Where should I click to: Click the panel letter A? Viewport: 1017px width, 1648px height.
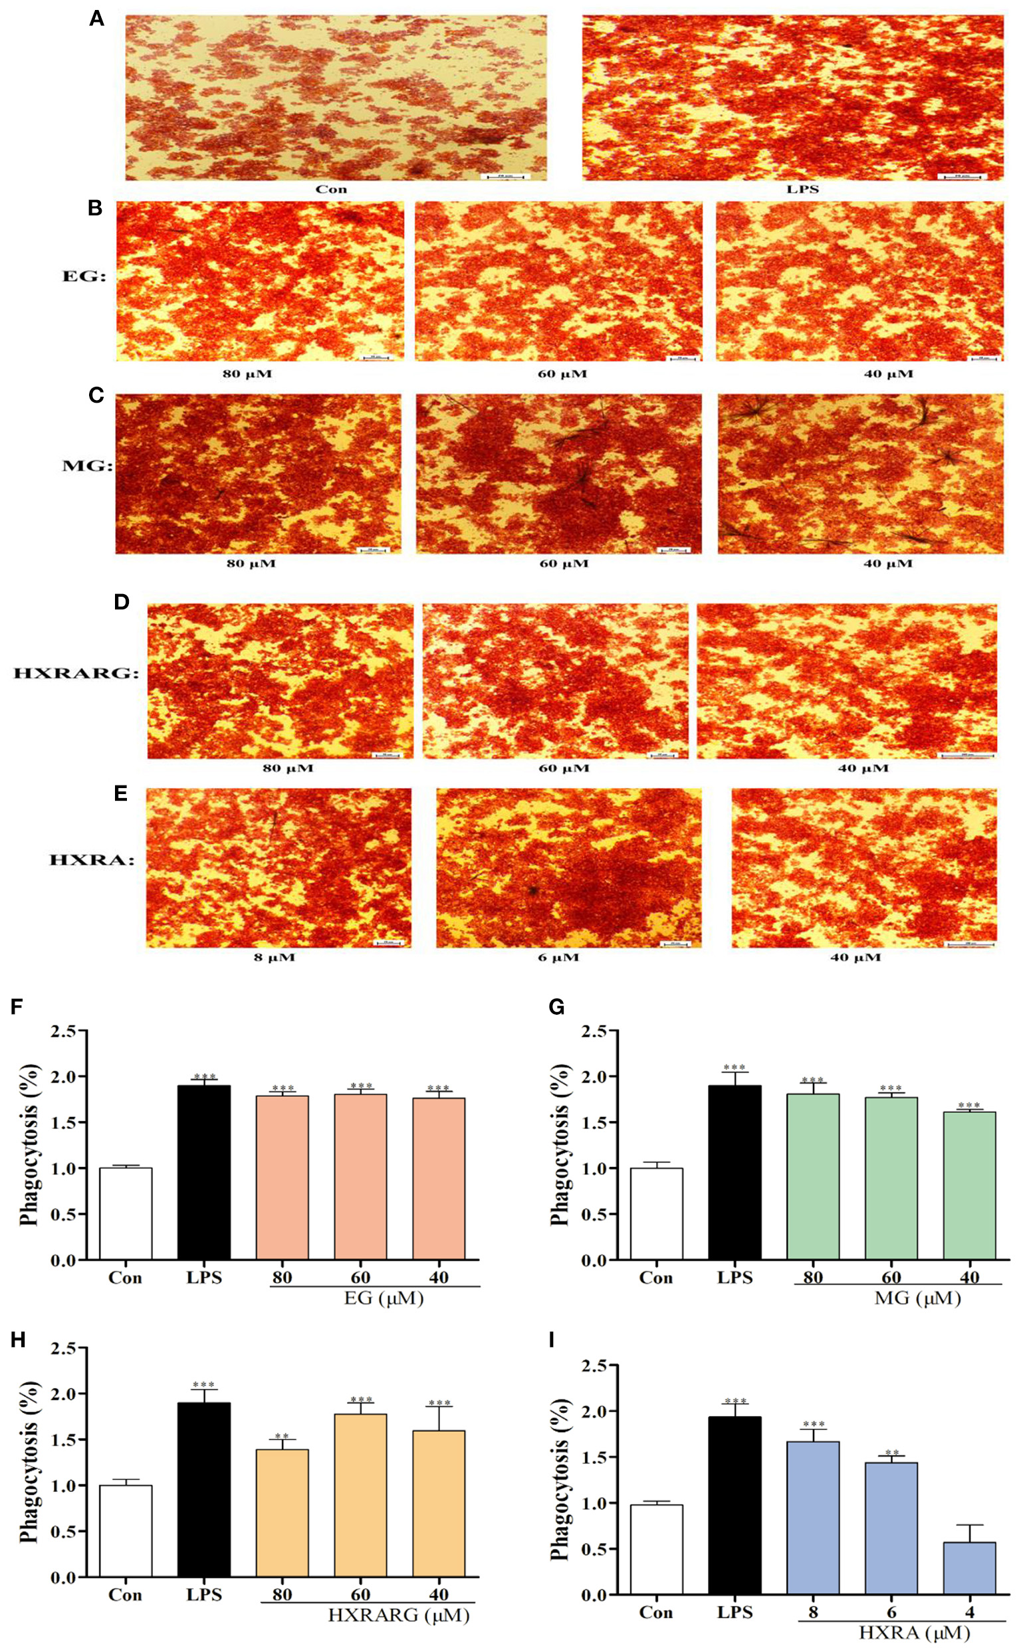[97, 19]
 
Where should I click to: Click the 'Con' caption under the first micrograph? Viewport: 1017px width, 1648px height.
[332, 189]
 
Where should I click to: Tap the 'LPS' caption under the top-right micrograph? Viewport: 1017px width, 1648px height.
[802, 189]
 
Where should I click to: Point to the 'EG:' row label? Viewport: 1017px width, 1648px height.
[84, 276]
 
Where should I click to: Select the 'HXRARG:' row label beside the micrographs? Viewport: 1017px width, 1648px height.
[76, 673]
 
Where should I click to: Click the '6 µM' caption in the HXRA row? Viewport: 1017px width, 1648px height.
[558, 958]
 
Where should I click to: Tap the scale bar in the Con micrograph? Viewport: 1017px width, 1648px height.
[507, 176]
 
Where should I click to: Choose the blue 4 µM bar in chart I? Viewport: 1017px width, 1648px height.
[969, 1568]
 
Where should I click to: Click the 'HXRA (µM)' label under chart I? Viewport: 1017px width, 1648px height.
[914, 1633]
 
